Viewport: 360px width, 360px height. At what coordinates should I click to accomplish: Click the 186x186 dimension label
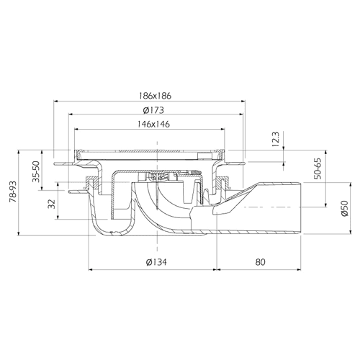tap(156, 96)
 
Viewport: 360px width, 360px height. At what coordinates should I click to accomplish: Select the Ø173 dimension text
tap(153, 110)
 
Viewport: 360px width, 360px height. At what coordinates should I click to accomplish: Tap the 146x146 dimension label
tap(153, 124)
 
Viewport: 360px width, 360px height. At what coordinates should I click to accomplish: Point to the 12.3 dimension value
tap(276, 139)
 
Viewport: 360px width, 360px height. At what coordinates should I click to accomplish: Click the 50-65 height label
tap(318, 168)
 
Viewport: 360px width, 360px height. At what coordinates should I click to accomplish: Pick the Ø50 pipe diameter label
tap(345, 209)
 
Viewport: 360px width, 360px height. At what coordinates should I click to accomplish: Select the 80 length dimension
tap(260, 262)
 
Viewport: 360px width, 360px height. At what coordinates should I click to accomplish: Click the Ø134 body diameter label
tap(156, 262)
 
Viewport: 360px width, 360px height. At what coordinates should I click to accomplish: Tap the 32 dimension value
tap(52, 204)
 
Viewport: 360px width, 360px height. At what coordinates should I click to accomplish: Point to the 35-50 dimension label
tap(37, 171)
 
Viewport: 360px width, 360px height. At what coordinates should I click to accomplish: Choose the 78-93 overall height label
tap(13, 192)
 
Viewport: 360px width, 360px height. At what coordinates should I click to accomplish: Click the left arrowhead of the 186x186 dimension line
tap(55, 102)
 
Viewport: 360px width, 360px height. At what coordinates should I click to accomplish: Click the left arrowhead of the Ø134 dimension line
tap(91, 269)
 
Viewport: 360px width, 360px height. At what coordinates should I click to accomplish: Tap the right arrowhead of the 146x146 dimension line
tap(222, 130)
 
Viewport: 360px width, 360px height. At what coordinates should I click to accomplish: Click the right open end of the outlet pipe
tap(301, 208)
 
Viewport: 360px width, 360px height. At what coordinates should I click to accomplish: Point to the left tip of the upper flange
tap(54, 164)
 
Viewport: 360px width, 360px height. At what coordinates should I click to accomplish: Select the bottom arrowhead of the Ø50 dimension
tap(351, 231)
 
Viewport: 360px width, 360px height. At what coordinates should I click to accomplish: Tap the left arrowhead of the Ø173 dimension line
tap(71, 114)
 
